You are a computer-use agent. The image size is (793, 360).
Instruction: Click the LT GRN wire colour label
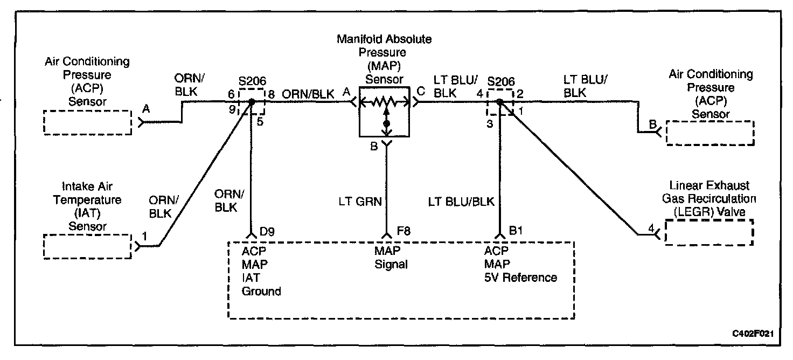(x=360, y=202)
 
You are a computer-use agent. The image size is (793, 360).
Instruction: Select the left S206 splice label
(x=252, y=82)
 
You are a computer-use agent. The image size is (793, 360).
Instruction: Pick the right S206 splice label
(x=500, y=82)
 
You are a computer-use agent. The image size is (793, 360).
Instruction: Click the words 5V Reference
(x=520, y=278)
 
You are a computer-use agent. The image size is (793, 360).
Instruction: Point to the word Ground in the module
(x=261, y=292)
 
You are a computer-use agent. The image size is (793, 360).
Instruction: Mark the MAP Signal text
(x=391, y=258)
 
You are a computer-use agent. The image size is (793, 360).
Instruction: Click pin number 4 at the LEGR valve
(x=651, y=229)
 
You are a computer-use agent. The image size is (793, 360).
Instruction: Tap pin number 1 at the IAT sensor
(x=144, y=235)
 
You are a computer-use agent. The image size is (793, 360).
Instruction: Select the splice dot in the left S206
(x=252, y=101)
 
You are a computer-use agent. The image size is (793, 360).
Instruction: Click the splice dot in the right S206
(x=500, y=101)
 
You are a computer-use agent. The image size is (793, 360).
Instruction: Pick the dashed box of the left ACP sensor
(x=87, y=122)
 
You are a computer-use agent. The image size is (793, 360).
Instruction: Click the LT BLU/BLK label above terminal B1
(x=461, y=202)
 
